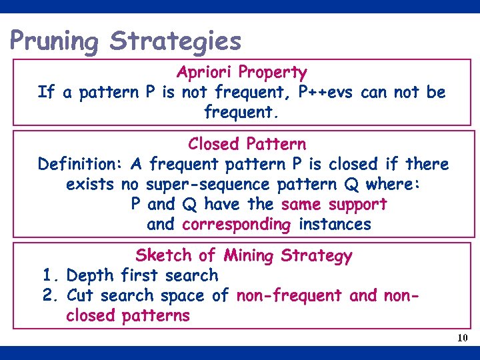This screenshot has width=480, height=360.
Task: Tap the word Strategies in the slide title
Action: pyautogui.click(x=175, y=41)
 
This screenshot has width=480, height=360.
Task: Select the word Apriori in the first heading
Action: pyautogui.click(x=205, y=72)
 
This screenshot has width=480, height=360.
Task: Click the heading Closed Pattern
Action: pyautogui.click(x=247, y=144)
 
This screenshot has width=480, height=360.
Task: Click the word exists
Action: pyautogui.click(x=90, y=184)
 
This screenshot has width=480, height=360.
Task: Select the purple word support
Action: pyautogui.click(x=355, y=204)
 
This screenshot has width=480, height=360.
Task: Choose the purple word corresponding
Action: pyautogui.click(x=237, y=225)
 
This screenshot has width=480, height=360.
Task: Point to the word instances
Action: pyautogui.click(x=335, y=225)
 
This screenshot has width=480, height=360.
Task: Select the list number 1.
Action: pyautogui.click(x=48, y=275)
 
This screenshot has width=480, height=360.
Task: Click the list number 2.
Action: pyautogui.click(x=49, y=295)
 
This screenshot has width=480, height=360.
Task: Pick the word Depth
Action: pyautogui.click(x=91, y=275)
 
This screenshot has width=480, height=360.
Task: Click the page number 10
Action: pyautogui.click(x=462, y=339)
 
